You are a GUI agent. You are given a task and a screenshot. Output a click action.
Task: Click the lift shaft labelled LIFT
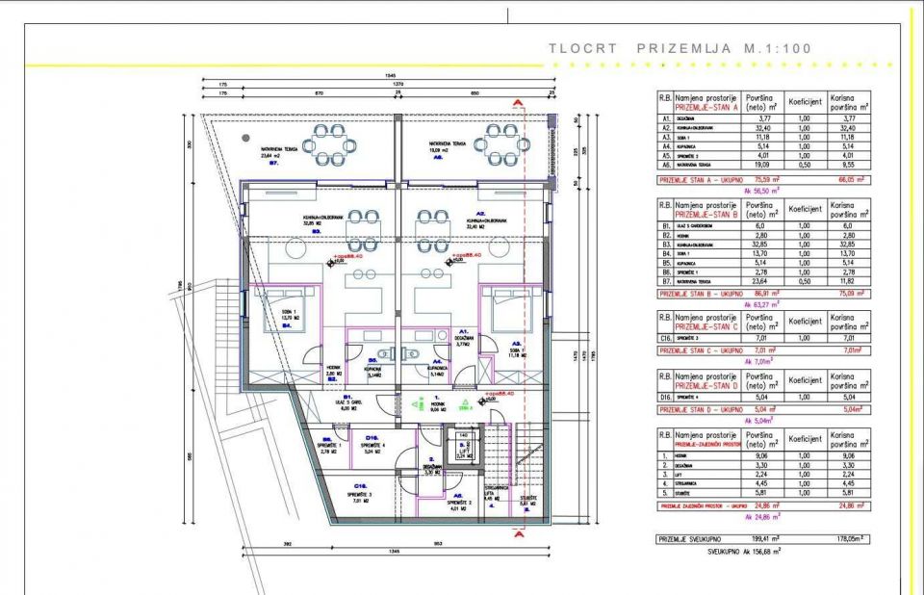(x=462, y=448)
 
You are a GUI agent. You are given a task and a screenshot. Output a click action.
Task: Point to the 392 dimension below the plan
(x=286, y=544)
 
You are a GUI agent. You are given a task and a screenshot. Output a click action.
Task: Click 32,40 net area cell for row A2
(x=758, y=128)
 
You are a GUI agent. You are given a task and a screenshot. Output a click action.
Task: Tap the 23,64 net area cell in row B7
(x=758, y=280)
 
